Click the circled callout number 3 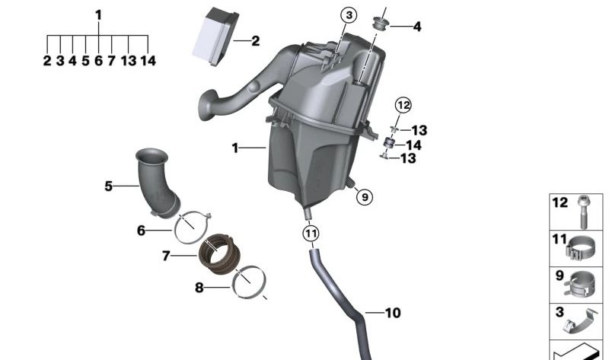[x=348, y=15]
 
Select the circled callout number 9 [x=365, y=197]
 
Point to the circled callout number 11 [x=311, y=234]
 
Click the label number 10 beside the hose [x=393, y=313]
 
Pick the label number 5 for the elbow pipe [x=108, y=185]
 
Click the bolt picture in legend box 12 [x=583, y=212]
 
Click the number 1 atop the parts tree [x=98, y=14]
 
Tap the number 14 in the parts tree [x=148, y=61]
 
